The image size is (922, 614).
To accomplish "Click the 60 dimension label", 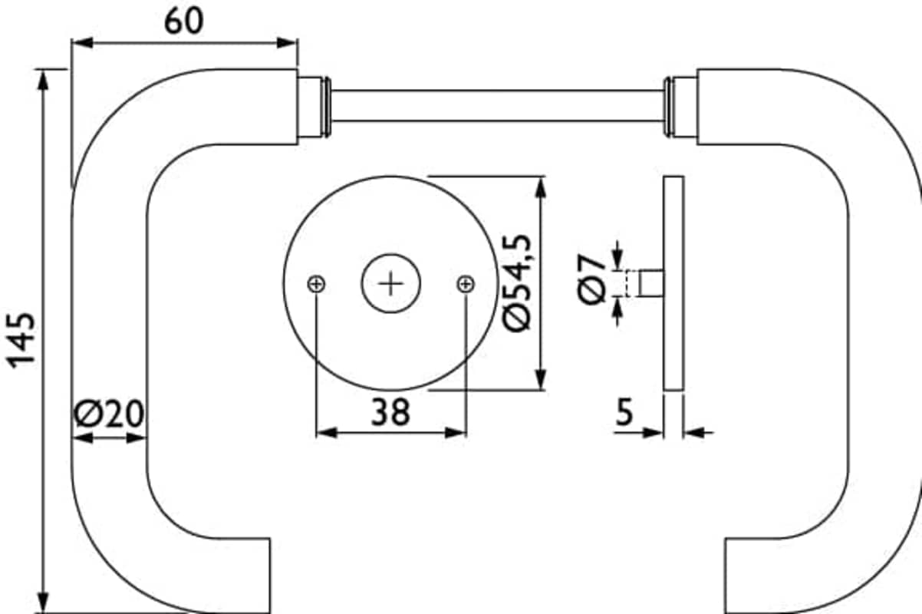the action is [183, 21].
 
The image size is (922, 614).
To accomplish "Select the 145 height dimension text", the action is [21, 341].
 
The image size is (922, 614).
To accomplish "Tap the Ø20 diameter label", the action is [109, 413].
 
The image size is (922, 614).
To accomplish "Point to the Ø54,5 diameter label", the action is [517, 283].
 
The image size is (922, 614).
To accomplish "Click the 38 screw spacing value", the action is [390, 412].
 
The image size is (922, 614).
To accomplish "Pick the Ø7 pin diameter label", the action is [591, 279].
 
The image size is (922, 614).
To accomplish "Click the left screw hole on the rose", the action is [316, 284].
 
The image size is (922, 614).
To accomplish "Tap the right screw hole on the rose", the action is [466, 284].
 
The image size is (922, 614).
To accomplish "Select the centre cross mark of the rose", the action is [390, 284].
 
